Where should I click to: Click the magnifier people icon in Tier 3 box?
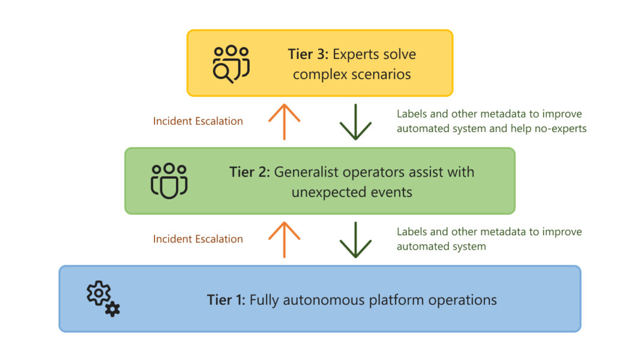tap(231, 64)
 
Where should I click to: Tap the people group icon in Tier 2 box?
tap(169, 180)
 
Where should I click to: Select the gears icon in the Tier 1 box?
tap(103, 298)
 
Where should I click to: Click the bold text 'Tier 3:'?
tap(308, 54)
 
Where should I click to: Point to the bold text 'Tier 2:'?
tap(250, 172)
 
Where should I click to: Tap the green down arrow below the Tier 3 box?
tap(355, 122)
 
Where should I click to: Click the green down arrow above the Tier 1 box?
tap(355, 240)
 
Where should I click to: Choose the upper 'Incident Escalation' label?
tap(198, 121)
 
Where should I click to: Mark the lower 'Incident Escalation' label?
tap(198, 239)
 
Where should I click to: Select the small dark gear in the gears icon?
tap(112, 309)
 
